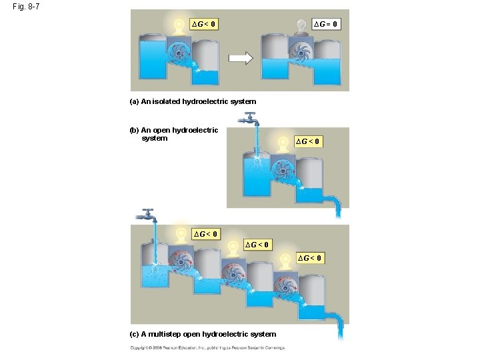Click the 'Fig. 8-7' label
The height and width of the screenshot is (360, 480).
[x=25, y=7]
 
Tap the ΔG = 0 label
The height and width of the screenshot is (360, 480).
[x=327, y=24]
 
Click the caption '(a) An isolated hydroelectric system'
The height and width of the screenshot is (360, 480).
[x=193, y=101]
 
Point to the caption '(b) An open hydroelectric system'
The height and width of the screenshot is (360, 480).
[x=174, y=134]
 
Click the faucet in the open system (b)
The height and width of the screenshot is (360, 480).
[x=251, y=120]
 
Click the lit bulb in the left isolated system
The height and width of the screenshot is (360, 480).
[x=179, y=26]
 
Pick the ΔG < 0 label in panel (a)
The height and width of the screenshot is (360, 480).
[x=204, y=25]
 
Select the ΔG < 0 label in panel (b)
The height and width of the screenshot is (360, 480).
[x=309, y=141]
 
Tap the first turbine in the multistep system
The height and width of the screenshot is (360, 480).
[x=181, y=261]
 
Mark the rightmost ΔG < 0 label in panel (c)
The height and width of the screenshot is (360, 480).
[x=310, y=258]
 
